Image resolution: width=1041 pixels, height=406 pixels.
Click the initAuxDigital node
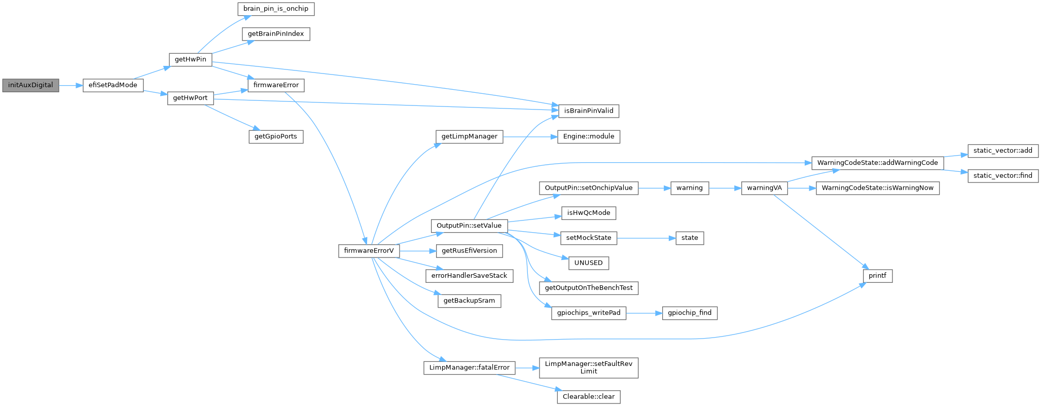30,85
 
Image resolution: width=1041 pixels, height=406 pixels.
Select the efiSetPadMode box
113,85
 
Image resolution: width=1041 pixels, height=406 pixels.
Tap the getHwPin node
190,60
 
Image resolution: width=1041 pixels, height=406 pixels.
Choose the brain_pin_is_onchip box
275,9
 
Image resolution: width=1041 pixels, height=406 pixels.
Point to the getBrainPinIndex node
276,34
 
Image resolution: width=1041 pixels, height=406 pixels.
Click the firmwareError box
276,85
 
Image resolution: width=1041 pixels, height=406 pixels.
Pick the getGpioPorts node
276,137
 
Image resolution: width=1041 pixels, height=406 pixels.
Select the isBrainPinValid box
588,111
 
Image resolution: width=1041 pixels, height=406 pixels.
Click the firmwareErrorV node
369,251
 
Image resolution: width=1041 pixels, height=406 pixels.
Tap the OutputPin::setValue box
469,226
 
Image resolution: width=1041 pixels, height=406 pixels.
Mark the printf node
877,276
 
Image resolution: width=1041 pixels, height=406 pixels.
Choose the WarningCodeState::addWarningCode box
877,163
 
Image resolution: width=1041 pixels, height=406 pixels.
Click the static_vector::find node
1003,176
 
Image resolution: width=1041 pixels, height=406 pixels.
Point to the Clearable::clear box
588,397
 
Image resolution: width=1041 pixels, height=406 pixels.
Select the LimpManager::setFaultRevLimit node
588,368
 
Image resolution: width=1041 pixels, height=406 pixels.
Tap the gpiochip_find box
690,313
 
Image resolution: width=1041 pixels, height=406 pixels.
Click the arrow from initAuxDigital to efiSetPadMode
70,85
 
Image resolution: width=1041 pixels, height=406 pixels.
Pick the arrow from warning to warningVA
725,188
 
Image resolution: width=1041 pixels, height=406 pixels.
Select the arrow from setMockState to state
646,238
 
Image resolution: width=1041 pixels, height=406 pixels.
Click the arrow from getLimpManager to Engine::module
530,137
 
